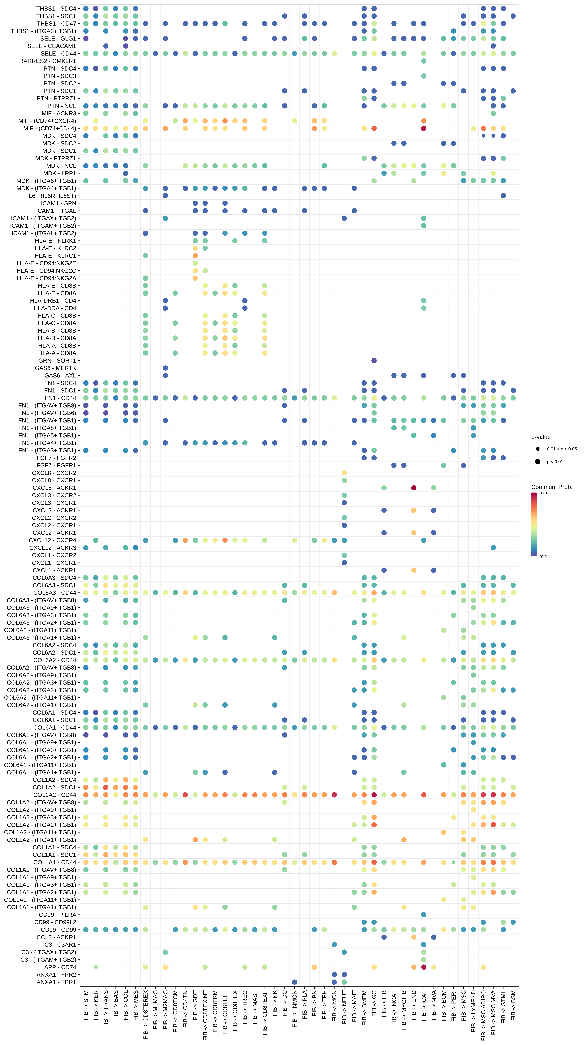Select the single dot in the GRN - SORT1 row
(374, 360)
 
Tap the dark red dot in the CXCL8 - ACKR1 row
(414, 488)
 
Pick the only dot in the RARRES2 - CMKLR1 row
(424, 61)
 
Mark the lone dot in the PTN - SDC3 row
(424, 76)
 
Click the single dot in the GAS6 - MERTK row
(165, 368)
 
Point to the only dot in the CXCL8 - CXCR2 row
(344, 473)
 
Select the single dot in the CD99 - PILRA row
(424, 914)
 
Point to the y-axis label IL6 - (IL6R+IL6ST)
(51, 195)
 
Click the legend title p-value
(541, 437)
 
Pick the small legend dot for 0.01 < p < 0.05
(538, 449)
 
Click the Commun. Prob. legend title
(551, 487)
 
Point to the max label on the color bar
(544, 493)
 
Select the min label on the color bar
(543, 556)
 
